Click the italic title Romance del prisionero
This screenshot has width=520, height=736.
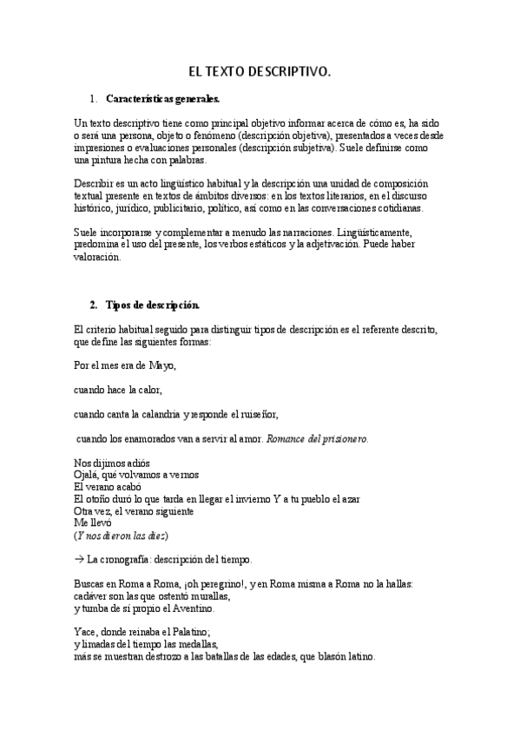[318, 438]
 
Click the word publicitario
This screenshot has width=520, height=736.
[182, 209]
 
